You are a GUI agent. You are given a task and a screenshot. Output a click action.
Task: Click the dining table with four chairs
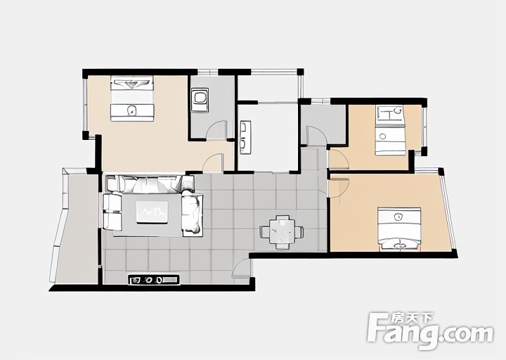coord(282,232)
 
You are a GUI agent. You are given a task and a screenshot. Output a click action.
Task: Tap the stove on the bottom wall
coord(154,280)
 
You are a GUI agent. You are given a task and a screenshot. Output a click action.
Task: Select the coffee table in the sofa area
coord(152,212)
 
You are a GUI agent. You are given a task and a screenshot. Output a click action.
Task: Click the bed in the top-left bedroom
coord(132,98)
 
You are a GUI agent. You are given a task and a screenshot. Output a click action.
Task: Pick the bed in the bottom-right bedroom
coord(399,229)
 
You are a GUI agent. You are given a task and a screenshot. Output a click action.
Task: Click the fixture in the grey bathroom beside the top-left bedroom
coord(200,100)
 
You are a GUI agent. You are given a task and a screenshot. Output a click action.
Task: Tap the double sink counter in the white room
coord(245,137)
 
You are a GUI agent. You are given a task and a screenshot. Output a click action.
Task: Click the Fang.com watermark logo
coord(431,330)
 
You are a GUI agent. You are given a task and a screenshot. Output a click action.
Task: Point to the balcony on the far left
coord(75,227)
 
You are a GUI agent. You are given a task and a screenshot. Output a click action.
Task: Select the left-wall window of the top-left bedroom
coord(85,104)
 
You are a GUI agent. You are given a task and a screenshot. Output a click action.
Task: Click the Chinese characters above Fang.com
coord(412,318)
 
